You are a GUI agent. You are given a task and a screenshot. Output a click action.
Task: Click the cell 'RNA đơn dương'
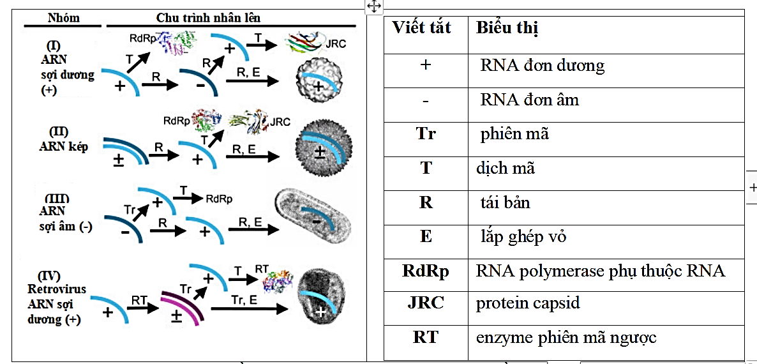[542, 65]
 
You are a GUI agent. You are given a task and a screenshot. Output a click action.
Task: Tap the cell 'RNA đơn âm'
[529, 100]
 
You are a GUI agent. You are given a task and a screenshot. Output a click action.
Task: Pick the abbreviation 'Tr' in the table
[426, 135]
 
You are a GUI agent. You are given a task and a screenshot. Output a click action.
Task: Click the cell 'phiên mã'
[514, 135]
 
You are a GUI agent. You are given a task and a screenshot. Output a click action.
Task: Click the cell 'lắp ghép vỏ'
[523, 237]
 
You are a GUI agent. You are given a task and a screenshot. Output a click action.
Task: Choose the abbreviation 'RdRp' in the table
[426, 271]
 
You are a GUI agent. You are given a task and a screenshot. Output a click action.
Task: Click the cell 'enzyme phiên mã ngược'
[566, 337]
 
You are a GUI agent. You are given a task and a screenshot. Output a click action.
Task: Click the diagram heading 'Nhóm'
[64, 18]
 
